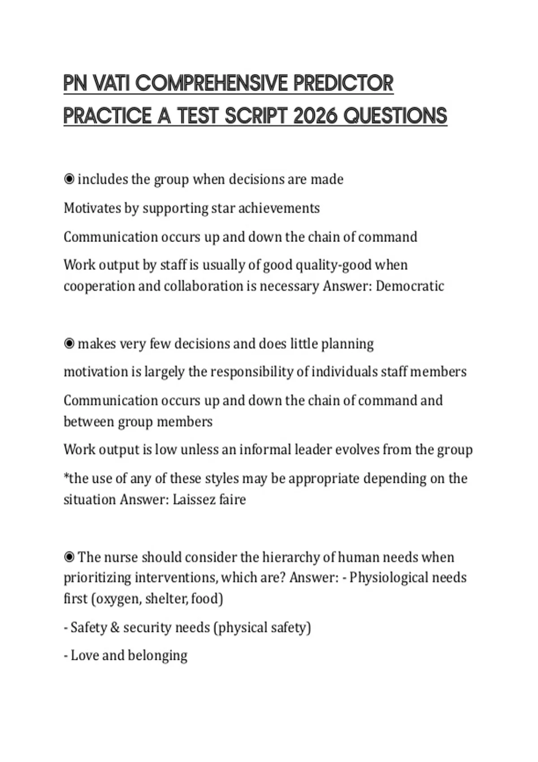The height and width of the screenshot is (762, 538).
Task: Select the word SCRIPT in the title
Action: [256, 116]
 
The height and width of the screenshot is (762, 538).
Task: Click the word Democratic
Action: [410, 286]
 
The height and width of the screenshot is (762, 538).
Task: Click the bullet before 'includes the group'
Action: [69, 179]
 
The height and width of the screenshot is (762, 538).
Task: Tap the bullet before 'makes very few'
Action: [69, 344]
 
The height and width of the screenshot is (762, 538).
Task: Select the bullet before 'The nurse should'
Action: [69, 557]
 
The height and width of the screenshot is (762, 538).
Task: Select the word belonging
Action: [157, 655]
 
